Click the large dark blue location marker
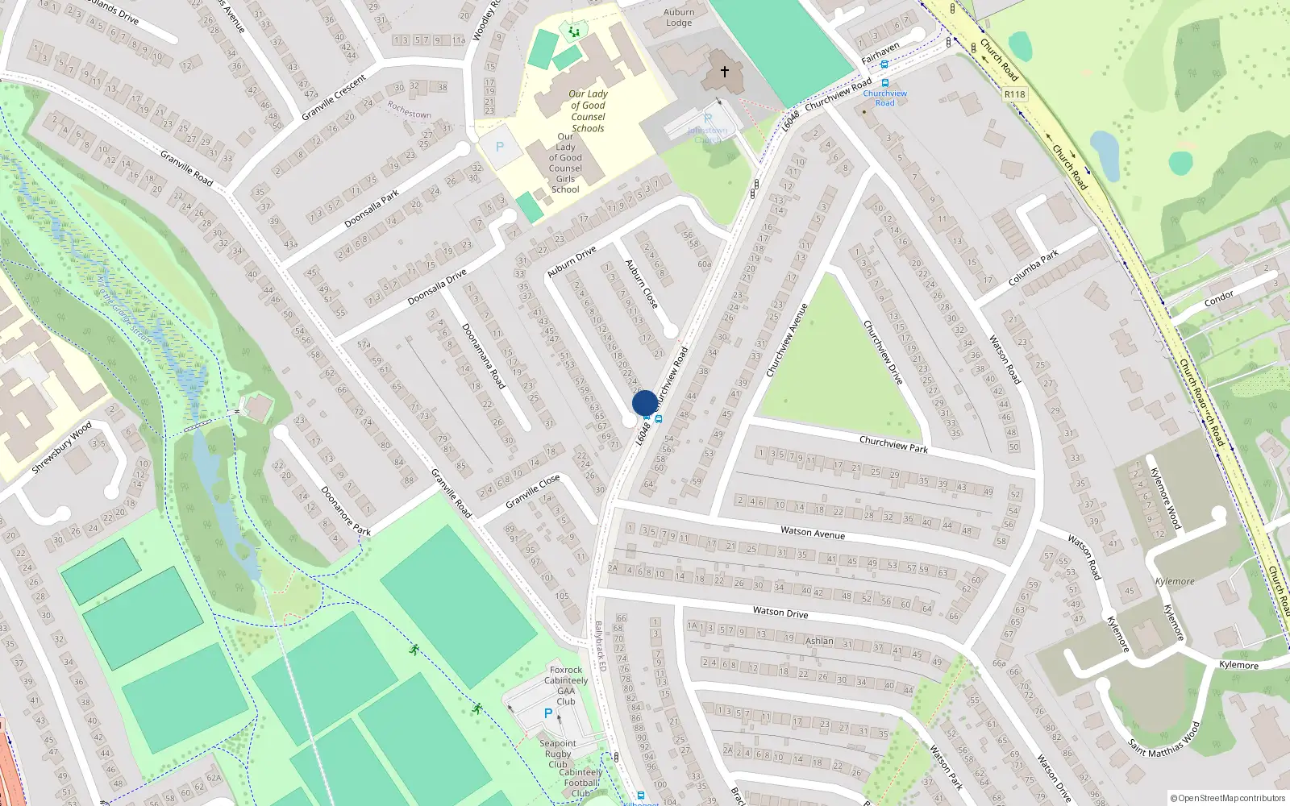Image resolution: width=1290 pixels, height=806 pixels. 644,403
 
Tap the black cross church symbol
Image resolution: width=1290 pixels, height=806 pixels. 724,73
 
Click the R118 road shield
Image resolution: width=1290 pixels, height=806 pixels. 1014,94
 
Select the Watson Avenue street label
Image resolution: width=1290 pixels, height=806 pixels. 813,532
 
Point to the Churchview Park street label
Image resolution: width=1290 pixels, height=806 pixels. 893,443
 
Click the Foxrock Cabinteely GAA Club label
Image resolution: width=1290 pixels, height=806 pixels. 566,685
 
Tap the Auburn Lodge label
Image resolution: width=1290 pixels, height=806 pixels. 679,17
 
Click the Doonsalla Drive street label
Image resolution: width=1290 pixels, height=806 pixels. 436,287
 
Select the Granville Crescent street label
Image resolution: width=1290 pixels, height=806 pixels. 334,98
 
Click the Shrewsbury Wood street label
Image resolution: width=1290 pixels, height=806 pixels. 61,447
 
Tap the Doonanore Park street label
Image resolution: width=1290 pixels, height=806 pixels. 345,510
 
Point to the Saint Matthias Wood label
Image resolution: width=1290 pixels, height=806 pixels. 1164,739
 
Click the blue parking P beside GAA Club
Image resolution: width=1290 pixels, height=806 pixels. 548,713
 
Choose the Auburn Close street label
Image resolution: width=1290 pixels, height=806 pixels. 642,284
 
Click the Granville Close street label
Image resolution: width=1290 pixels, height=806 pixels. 532,492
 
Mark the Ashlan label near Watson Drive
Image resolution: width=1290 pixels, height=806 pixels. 819,641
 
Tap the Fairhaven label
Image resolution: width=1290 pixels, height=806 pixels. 880,53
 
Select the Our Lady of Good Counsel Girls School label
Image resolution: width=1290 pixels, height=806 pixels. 565,163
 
